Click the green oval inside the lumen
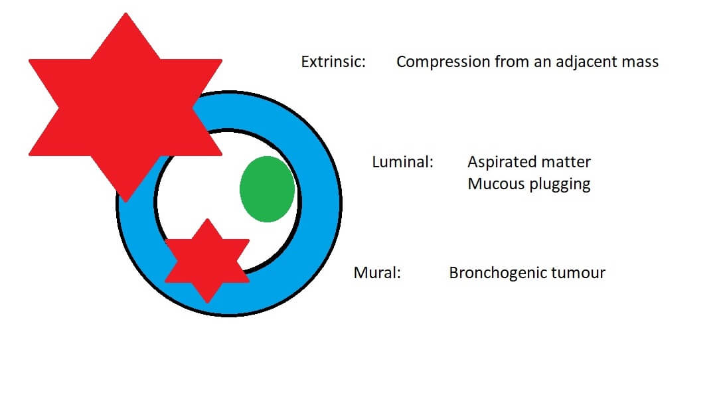pos(267,189)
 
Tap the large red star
pos(125,108)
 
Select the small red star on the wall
pos(207,261)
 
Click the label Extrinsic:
pos(333,62)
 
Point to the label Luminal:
pos(403,162)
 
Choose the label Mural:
pos(377,273)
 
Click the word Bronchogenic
pos(498,273)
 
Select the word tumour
pos(578,273)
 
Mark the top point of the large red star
pos(125,13)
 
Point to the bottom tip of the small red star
pos(207,303)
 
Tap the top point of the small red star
pos(207,219)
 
